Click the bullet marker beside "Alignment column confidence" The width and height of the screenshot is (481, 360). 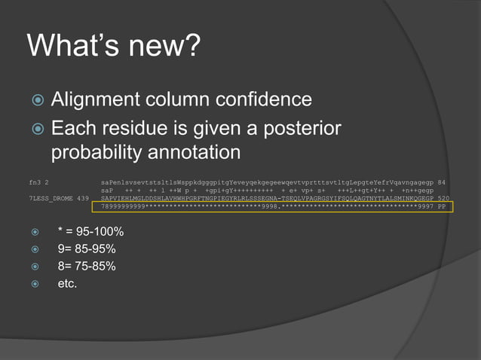pos(35,100)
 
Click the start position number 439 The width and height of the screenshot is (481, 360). pos(83,198)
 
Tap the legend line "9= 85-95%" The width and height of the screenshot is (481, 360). pos(86,249)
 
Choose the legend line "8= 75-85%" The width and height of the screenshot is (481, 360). pos(86,266)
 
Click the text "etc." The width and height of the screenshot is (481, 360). pos(67,284)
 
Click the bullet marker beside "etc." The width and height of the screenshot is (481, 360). pos(34,285)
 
